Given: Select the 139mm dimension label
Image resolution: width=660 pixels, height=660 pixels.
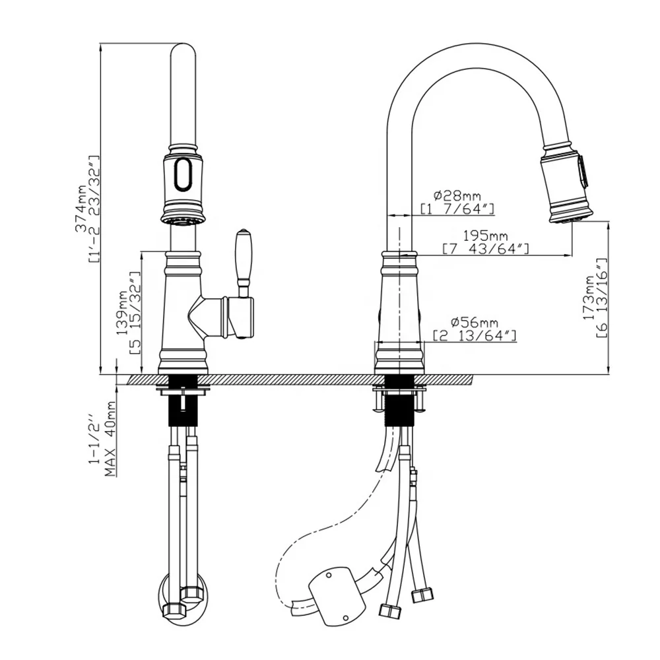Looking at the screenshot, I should tap(122, 313).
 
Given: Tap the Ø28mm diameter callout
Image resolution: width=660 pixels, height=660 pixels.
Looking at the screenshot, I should tap(457, 195).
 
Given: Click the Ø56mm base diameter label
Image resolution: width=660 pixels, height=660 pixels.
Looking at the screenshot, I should tap(475, 323).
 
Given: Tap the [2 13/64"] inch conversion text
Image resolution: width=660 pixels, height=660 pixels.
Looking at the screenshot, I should tap(475, 336).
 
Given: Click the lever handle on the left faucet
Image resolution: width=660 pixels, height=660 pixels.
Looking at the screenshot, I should tap(243, 257).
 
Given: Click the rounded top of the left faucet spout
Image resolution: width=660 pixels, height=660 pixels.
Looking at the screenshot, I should tap(183, 53).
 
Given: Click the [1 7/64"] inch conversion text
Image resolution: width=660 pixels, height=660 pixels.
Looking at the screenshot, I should tap(457, 209).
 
